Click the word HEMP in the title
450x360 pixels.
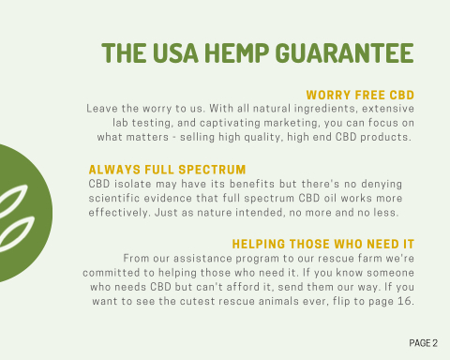tap(236, 52)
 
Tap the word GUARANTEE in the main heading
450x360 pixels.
tap(345, 52)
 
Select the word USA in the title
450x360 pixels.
tap(175, 52)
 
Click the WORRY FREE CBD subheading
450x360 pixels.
tap(360, 95)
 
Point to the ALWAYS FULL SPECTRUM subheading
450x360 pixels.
tap(167, 170)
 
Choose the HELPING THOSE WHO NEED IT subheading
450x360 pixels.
tap(323, 244)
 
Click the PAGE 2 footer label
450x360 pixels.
tap(424, 343)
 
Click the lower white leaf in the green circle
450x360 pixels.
tap(17, 232)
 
